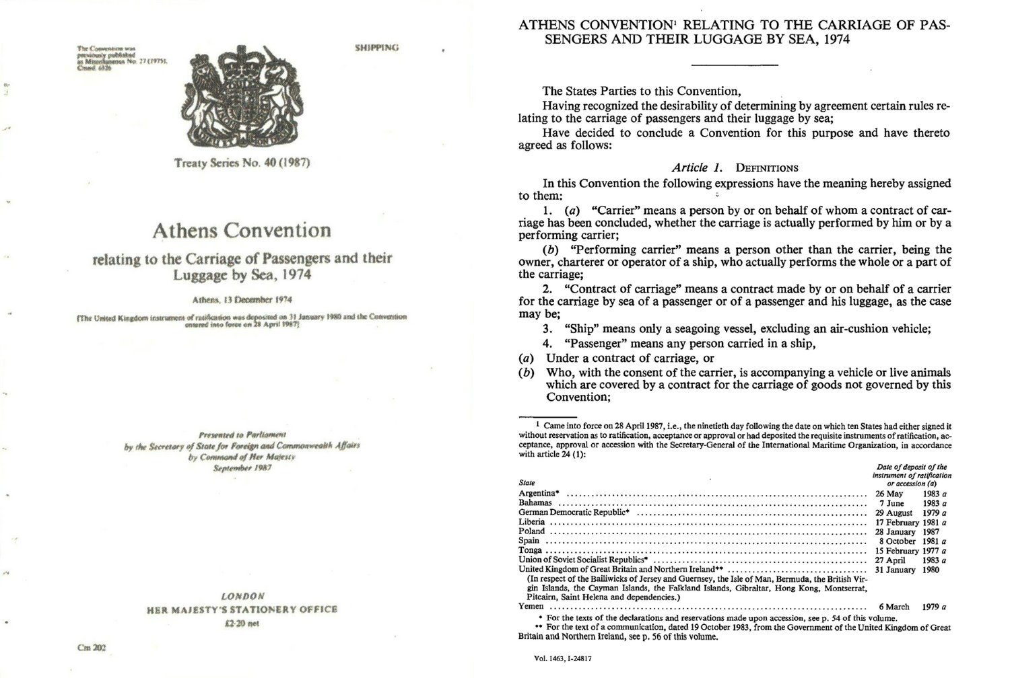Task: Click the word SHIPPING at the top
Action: click(x=376, y=48)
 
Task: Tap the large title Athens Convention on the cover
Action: click(x=242, y=231)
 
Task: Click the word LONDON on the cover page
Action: click(x=242, y=596)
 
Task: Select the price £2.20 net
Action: click(x=242, y=624)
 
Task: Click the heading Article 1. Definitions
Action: click(x=735, y=167)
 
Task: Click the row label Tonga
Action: click(x=531, y=550)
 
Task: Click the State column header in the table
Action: click(x=527, y=482)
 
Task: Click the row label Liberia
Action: click(x=533, y=522)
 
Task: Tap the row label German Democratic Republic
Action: click(x=573, y=513)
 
